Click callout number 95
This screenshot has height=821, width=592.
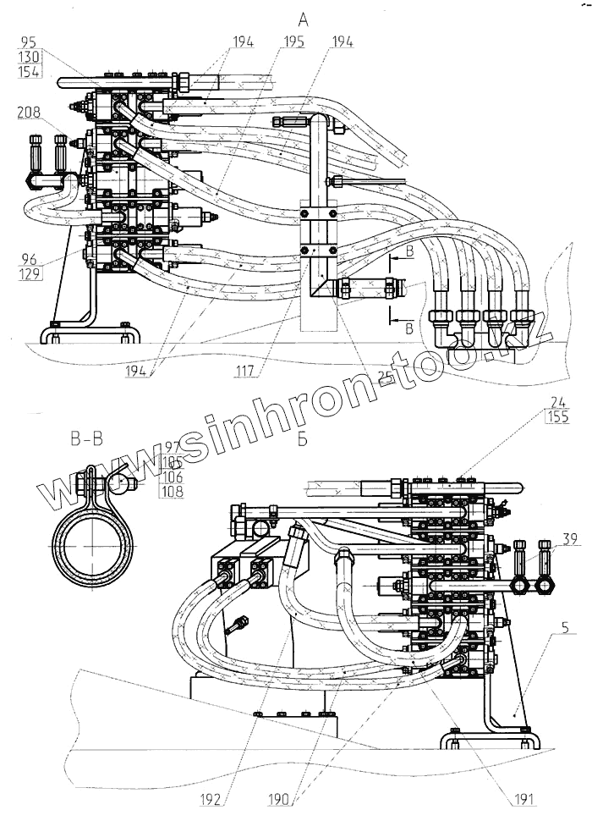pos(28,41)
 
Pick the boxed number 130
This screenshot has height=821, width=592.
pos(28,56)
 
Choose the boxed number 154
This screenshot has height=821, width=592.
pos(28,71)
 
